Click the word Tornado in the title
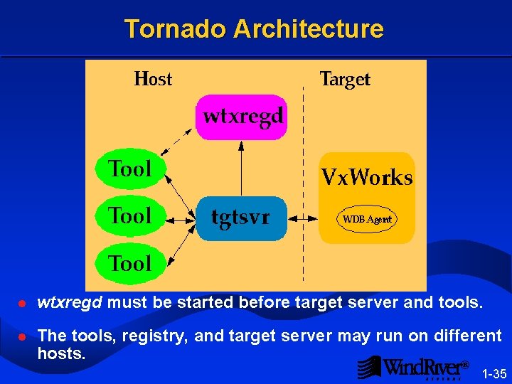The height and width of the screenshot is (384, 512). pos(176,29)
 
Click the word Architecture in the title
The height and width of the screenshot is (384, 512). pos(308,29)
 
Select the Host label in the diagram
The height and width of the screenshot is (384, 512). pos(153,79)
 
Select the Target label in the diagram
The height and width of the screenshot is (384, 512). pos(345,79)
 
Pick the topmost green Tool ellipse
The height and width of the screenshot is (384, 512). pos(130,169)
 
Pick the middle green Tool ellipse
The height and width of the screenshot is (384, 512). pos(130,215)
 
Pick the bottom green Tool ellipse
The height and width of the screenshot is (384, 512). pos(130,263)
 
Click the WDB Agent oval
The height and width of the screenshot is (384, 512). pos(367,219)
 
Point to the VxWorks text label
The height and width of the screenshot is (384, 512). pos(367,177)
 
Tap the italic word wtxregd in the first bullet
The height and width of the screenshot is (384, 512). pos(70,303)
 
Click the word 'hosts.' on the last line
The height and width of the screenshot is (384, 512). pos(61,353)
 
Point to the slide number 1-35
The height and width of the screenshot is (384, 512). pos(494,373)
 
